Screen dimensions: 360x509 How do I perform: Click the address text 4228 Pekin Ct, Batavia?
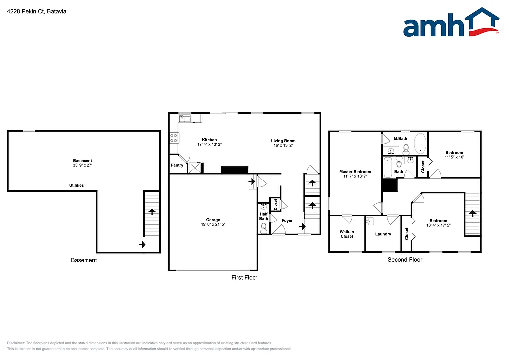(37, 11)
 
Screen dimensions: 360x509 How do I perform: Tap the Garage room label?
(213, 220)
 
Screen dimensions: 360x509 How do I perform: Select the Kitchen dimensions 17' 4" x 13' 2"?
(209, 145)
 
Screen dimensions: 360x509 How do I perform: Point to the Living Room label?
(283, 140)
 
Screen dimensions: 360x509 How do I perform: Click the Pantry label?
(177, 165)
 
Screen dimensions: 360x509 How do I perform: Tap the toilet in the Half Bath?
(264, 228)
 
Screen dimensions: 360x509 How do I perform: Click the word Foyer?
(287, 220)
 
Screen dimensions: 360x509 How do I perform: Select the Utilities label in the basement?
(76, 185)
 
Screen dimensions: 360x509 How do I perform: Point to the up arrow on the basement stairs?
(151, 211)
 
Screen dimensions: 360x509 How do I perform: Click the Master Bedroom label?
(355, 172)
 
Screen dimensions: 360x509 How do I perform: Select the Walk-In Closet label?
(346, 234)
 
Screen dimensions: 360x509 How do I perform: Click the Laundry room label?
(383, 234)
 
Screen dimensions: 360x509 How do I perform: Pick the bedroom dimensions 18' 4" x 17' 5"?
(438, 226)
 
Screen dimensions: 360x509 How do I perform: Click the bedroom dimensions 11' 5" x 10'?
(454, 157)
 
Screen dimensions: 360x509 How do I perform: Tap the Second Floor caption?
(405, 260)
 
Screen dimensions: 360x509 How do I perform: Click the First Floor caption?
(245, 277)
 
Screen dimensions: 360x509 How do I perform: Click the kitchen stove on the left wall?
(174, 138)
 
